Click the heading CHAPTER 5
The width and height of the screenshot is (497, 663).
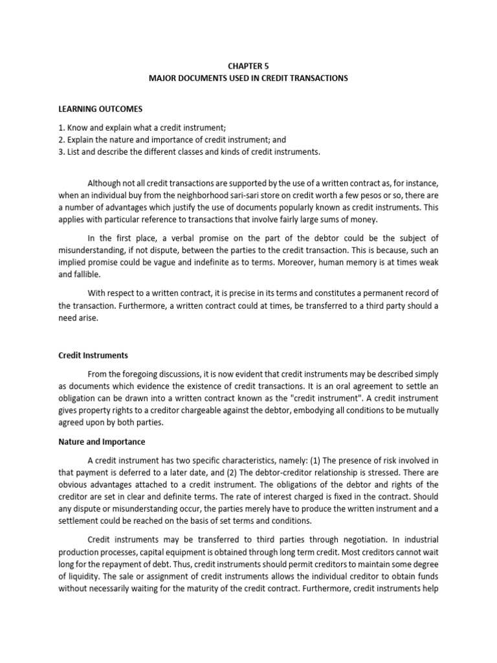(248, 65)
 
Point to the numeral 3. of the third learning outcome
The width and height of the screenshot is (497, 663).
(61, 152)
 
